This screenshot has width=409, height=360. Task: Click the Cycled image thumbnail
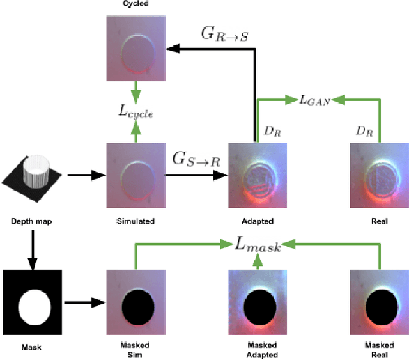[135, 47]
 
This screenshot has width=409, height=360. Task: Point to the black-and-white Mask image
[33, 302]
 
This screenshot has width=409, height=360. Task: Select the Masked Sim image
[135, 302]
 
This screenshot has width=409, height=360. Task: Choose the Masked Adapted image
[257, 302]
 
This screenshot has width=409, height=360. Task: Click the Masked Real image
[380, 302]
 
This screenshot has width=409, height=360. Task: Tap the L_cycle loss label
[135, 113]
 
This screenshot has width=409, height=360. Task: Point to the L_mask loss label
[257, 246]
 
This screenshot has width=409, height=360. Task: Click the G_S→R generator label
[197, 159]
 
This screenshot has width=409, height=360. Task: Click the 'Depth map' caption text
[31, 221]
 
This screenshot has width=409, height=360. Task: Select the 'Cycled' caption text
[135, 4]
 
